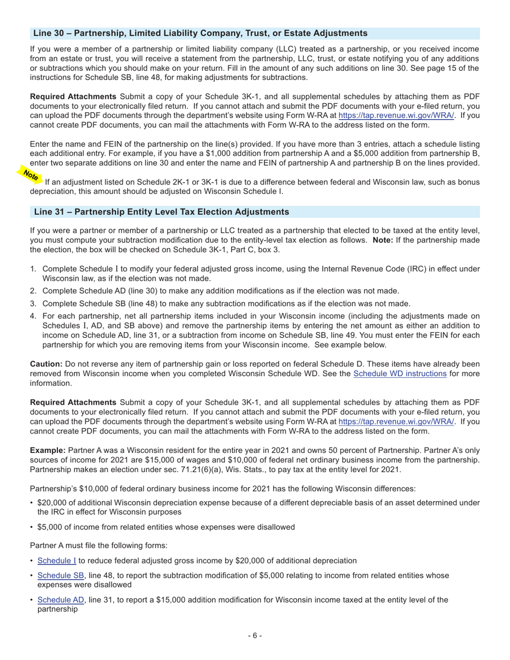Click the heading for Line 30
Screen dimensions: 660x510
pyautogui.click(x=200, y=33)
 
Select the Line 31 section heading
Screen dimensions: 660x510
pyautogui.click(x=161, y=212)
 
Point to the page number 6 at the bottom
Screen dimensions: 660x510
pyautogui.click(x=254, y=636)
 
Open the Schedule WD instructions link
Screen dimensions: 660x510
pyautogui.click(x=399, y=373)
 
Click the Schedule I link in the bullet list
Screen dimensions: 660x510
pyautogui.click(x=56, y=561)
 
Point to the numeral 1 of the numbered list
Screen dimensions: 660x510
pyautogui.click(x=33, y=269)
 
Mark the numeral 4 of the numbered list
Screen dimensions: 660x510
pyautogui.click(x=33, y=316)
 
